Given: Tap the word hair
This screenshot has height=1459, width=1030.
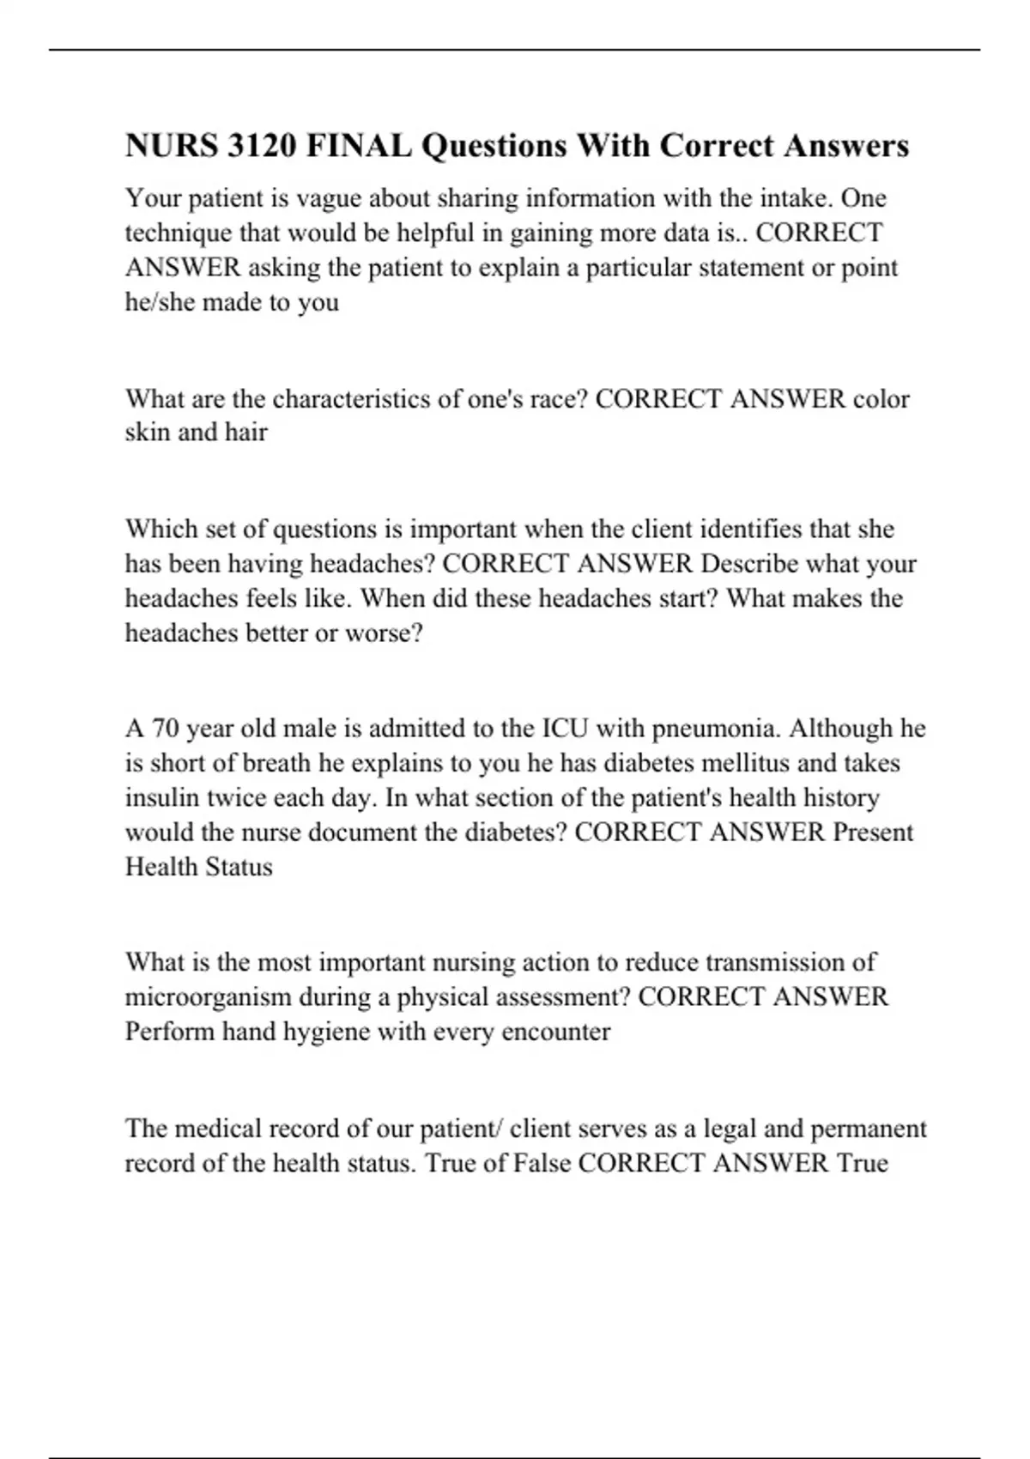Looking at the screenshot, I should [x=246, y=432].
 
